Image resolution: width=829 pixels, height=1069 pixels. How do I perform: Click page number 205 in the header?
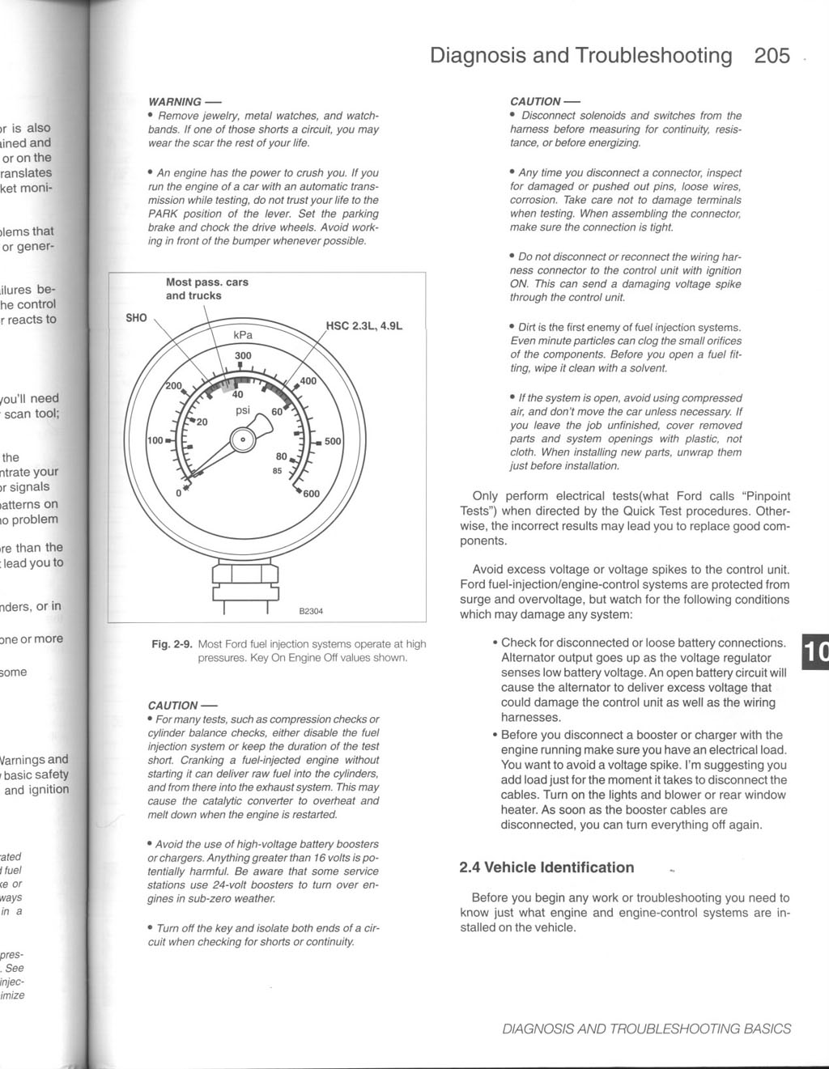pos(772,56)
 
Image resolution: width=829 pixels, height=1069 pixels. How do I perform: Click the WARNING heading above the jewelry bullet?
pos(175,102)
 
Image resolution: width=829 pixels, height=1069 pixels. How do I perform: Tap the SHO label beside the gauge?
pos(137,318)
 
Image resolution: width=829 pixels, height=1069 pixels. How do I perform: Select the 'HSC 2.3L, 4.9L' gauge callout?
pos(363,326)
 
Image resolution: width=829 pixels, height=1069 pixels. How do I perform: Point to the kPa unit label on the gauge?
pos(243,335)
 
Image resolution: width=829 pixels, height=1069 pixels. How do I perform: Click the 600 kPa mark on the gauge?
pos(311,494)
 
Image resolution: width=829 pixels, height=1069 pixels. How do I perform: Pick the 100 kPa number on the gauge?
pos(154,441)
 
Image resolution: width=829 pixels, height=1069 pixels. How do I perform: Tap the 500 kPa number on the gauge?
pos(333,442)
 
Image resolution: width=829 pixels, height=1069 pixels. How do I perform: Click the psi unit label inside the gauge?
pos(243,410)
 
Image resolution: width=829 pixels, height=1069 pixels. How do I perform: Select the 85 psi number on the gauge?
pos(278,471)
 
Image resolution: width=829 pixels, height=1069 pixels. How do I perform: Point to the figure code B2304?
pos(311,611)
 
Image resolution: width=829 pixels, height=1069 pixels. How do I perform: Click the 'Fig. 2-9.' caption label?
pos(172,644)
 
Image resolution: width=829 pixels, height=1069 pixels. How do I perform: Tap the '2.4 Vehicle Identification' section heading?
pos(546,868)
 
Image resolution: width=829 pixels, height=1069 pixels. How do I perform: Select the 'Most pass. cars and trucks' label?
pos(206,289)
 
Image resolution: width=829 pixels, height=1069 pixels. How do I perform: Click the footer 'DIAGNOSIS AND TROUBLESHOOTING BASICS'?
pos(646,1029)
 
